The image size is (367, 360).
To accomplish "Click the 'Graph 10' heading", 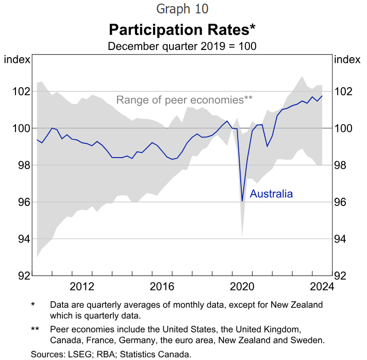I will tap(182, 9).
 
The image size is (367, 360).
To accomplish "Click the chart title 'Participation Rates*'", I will tap(182, 28).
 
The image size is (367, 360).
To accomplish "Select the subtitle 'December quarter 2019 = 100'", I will tap(182, 45).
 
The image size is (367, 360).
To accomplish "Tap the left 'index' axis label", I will tap(17, 59).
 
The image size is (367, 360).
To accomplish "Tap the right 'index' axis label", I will tap(347, 59).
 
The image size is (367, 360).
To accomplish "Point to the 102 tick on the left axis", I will tap(21, 92).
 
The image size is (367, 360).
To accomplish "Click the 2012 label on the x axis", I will tap(81, 286).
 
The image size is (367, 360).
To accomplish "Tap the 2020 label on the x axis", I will tap(242, 286).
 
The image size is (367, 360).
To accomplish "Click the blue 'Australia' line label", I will tap(271, 194).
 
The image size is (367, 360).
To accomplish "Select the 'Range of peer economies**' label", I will tap(184, 100).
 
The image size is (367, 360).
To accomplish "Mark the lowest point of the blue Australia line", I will tap(242, 201).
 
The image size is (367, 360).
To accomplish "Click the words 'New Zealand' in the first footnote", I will tap(299, 305).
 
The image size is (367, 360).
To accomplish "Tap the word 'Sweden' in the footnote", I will tap(310, 340).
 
